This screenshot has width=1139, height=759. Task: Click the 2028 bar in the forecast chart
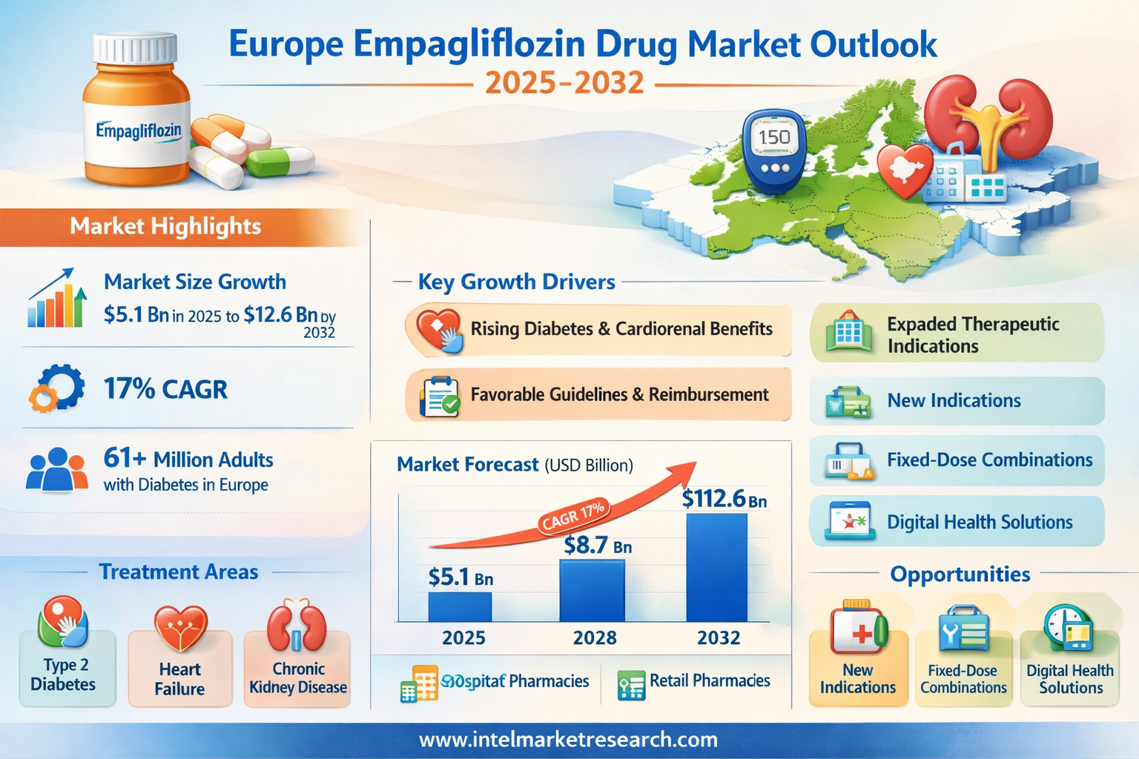click(x=592, y=591)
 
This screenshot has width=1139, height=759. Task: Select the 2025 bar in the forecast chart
click(x=460, y=606)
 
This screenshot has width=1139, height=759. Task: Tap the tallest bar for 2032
click(x=716, y=567)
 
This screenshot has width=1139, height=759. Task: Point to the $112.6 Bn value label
click(x=724, y=499)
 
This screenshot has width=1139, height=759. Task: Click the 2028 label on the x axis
click(x=595, y=637)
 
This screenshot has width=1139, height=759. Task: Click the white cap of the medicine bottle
click(x=135, y=47)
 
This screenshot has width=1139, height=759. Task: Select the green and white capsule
click(x=280, y=161)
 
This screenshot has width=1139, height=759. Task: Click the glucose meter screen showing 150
click(x=774, y=137)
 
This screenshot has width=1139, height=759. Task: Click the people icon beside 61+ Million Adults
click(x=56, y=470)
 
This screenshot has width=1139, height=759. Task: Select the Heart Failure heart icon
click(x=180, y=627)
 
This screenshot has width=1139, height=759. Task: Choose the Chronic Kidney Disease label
click(x=298, y=678)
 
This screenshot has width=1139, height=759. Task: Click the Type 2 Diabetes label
click(x=64, y=675)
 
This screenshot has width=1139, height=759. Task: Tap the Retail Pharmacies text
click(x=710, y=680)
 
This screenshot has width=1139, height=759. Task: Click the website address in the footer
click(x=569, y=740)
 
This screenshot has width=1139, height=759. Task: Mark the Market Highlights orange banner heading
click(x=165, y=226)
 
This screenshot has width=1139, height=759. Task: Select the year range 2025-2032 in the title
click(x=564, y=82)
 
